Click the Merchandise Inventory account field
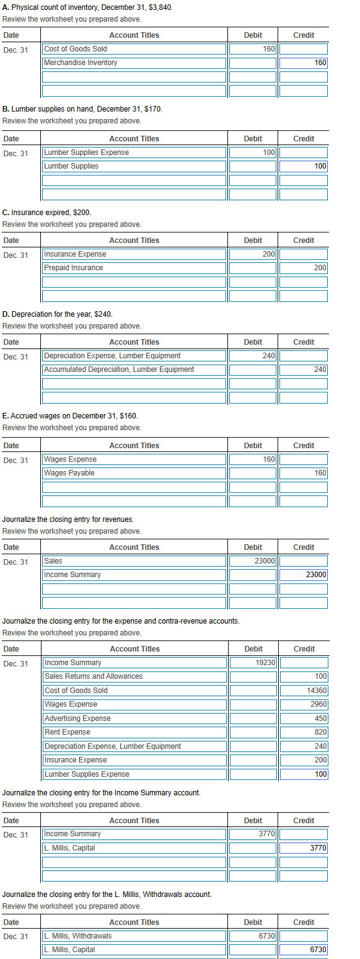[x=134, y=63]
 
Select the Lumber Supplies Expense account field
[x=134, y=152]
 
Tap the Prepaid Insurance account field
[x=134, y=268]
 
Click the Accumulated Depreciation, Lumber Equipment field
[x=134, y=369]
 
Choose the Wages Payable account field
[x=134, y=473]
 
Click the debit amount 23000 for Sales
[x=253, y=561]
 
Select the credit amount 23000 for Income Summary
[x=304, y=575]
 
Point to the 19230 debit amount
[x=253, y=663]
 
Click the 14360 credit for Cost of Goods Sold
[x=304, y=691]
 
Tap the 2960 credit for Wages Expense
[x=304, y=704]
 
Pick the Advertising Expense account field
[x=134, y=718]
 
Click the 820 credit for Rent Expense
[x=304, y=732]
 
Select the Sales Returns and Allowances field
[x=134, y=676]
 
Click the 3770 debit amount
[x=253, y=834]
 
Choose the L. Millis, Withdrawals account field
[x=134, y=935]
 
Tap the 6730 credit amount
[x=304, y=950]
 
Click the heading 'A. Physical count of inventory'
[x=87, y=7]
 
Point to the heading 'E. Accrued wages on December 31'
[x=70, y=415]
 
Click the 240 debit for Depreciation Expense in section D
[x=253, y=356]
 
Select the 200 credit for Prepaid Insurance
[x=304, y=268]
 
